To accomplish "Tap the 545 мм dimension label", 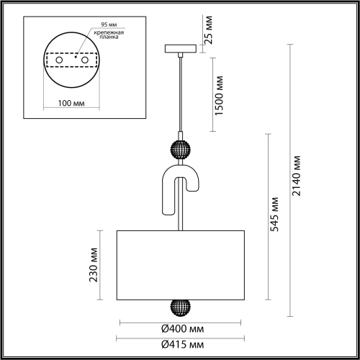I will (x=275, y=215).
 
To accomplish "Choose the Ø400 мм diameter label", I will (x=182, y=328).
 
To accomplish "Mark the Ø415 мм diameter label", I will (x=182, y=344).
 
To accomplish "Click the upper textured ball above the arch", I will (x=178, y=150).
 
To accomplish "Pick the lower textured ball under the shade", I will (x=178, y=307).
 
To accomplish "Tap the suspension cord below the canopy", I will (x=178, y=94).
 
